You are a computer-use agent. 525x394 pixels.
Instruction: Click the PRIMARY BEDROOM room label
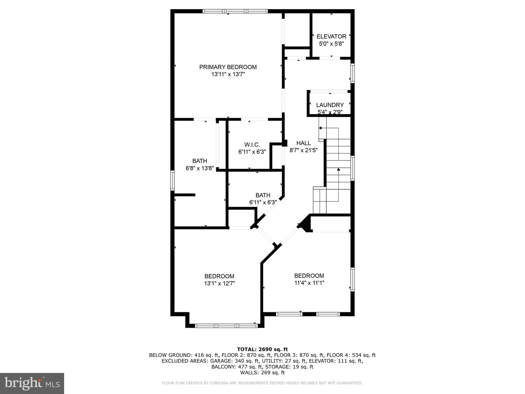pos(228,67)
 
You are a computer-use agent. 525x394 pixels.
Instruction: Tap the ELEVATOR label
pos(331,36)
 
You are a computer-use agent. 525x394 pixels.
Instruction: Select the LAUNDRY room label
pos(330,105)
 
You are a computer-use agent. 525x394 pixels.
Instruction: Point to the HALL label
pos(304,143)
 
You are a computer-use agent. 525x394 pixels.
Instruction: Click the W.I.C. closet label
pos(252,145)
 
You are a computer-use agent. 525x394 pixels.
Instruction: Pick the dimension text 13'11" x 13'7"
pos(228,74)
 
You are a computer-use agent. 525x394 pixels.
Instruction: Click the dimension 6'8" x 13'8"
pos(200,169)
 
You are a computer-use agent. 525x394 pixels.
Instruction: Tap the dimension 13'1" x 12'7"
pos(219,283)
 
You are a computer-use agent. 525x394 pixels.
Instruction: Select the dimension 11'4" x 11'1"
pos(309,283)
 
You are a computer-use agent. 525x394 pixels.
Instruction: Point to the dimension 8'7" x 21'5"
pos(304,150)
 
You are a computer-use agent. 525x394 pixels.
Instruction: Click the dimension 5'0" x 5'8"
pos(331,44)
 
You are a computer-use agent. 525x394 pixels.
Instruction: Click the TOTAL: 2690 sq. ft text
pos(262,349)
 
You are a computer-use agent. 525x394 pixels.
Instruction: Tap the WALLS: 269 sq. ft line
pos(262,372)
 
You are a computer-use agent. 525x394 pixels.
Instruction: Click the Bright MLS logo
pos(32,383)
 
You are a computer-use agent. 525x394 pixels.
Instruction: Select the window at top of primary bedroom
pos(235,11)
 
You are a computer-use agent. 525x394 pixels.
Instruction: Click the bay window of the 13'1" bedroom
pos(226,325)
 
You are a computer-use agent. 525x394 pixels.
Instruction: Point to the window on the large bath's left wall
pos(172,180)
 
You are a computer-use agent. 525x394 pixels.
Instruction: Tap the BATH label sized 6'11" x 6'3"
pos(263,195)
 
